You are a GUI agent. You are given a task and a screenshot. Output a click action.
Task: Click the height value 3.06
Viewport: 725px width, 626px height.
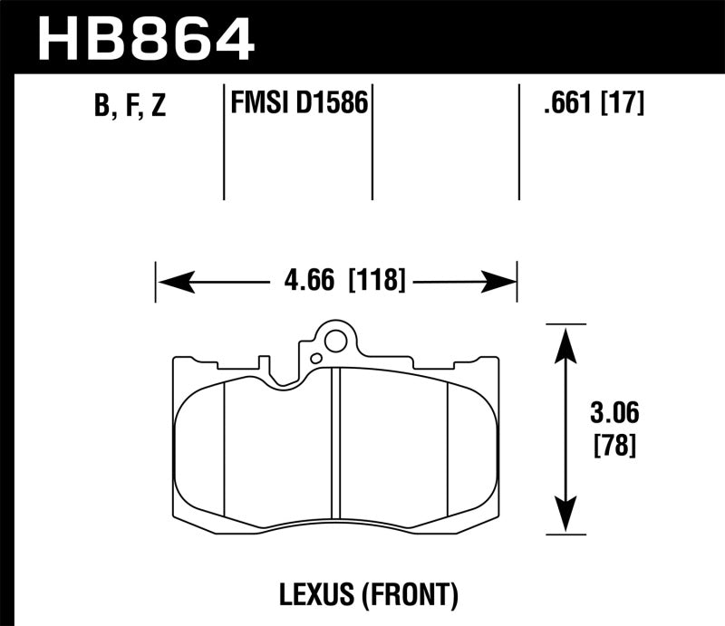click(x=612, y=415)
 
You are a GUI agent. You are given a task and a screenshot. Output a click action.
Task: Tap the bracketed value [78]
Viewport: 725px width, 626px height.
click(x=612, y=446)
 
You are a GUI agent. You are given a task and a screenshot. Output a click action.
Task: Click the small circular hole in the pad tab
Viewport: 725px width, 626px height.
click(x=334, y=342)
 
